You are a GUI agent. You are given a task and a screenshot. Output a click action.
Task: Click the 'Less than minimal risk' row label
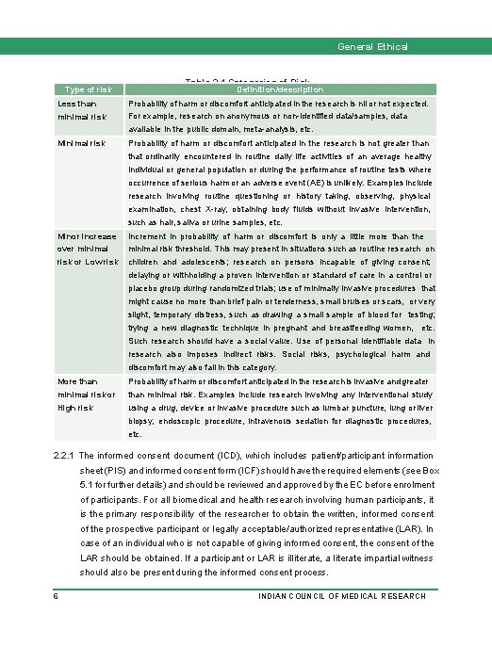(78, 108)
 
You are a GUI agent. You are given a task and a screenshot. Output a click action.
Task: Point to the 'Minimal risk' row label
(81, 143)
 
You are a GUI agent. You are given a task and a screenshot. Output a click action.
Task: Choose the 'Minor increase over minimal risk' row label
(86, 248)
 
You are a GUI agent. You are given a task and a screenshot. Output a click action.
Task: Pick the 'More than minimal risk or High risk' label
(83, 394)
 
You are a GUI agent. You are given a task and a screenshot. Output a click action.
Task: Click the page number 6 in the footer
(57, 597)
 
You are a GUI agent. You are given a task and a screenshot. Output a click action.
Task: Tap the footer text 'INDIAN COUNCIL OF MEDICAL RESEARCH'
(345, 597)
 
